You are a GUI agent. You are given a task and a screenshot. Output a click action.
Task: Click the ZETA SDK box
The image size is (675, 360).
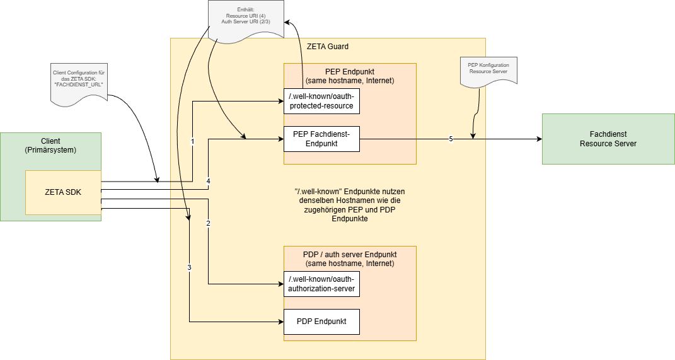click(x=63, y=192)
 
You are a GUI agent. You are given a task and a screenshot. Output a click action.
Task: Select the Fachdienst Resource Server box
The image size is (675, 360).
click(x=608, y=139)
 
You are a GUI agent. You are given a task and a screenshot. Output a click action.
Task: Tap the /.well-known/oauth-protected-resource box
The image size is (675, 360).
click(x=321, y=101)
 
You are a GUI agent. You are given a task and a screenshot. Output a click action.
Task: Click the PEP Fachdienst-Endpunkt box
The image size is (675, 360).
click(x=321, y=139)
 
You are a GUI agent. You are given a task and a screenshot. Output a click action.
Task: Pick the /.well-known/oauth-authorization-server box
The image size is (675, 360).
click(x=321, y=284)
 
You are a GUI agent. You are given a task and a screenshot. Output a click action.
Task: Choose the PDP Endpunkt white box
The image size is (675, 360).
click(x=321, y=322)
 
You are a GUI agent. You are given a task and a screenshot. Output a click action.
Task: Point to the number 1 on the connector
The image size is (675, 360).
click(x=192, y=141)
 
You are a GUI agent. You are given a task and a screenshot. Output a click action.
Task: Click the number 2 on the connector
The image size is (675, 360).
click(x=208, y=224)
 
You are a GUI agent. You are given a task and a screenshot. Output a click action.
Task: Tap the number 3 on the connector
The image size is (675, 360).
click(x=189, y=267)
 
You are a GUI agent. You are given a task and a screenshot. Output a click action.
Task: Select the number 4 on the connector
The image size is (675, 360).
click(x=208, y=182)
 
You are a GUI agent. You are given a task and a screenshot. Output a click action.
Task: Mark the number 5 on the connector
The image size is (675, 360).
click(x=451, y=139)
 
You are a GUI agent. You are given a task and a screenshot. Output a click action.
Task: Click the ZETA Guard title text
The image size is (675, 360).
click(x=327, y=47)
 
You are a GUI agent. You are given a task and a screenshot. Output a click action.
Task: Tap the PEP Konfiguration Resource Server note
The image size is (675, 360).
click(x=488, y=69)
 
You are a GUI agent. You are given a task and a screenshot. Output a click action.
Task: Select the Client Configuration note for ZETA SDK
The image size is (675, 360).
click(x=78, y=81)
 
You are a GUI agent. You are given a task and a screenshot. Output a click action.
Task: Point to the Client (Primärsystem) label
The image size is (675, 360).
click(x=50, y=146)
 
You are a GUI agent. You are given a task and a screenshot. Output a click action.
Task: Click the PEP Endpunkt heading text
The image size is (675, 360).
click(x=349, y=76)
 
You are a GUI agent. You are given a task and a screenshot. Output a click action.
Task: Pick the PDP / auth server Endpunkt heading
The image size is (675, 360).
click(x=349, y=258)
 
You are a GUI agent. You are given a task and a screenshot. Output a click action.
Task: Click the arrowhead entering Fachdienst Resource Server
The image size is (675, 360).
click(x=538, y=139)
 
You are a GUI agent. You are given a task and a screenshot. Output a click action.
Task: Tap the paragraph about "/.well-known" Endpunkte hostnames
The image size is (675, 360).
click(x=349, y=205)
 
